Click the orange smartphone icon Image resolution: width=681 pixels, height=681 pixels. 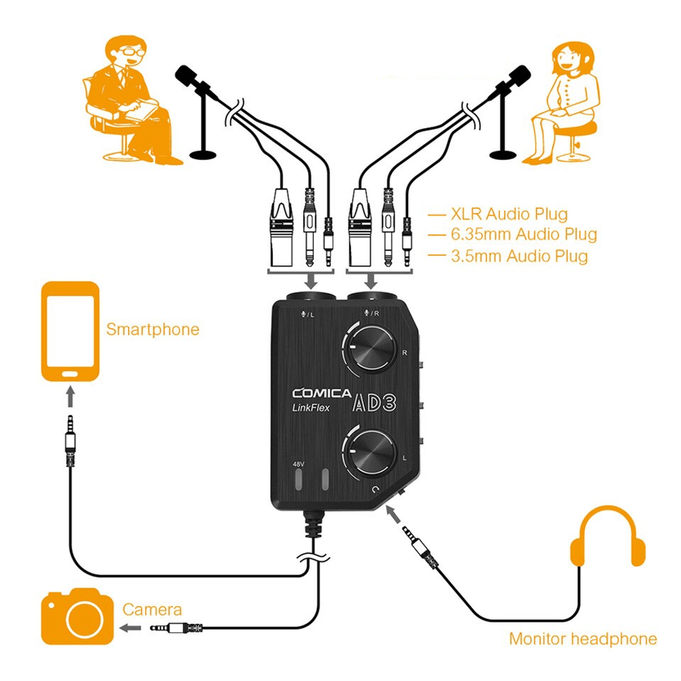coord(71,332)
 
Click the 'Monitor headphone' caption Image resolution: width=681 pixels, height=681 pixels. coord(583,639)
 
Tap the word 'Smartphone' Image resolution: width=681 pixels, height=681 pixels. coord(153,330)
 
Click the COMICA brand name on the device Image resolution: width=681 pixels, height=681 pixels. coord(321,393)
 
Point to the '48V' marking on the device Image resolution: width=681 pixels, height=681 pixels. coord(298,464)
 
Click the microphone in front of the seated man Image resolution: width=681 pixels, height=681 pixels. coord(193,80)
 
